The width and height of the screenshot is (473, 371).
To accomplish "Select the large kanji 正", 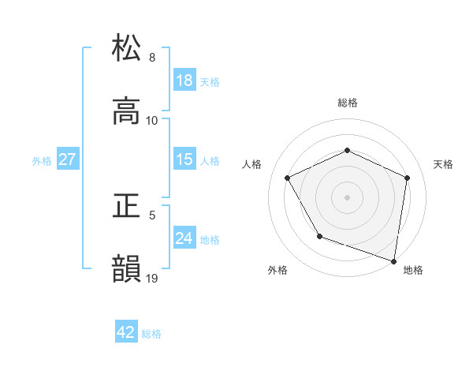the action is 127,205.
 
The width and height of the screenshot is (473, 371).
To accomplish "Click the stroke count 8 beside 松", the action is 152,57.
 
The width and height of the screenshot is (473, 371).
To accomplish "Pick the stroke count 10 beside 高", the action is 152,121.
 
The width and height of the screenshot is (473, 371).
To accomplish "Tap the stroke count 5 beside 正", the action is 152,215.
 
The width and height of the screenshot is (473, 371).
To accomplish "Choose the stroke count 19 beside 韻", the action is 152,279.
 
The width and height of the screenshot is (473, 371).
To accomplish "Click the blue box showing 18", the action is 184,81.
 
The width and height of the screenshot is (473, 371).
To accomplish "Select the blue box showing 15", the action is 184,159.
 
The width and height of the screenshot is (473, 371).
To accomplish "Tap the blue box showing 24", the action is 184,238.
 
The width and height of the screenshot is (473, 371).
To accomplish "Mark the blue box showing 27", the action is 67,159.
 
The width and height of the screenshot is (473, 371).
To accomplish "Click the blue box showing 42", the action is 126,332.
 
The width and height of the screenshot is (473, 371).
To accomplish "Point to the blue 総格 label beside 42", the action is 151,334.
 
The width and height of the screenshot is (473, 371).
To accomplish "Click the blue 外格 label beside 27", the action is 42,161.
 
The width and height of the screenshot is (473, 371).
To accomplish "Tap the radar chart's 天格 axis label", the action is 443,164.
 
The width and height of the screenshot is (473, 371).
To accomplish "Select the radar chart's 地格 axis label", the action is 413,270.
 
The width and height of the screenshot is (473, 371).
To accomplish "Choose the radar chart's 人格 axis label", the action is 251,164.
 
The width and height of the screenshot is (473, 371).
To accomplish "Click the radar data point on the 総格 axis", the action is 347,150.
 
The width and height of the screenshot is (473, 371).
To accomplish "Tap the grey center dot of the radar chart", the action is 347,197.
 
